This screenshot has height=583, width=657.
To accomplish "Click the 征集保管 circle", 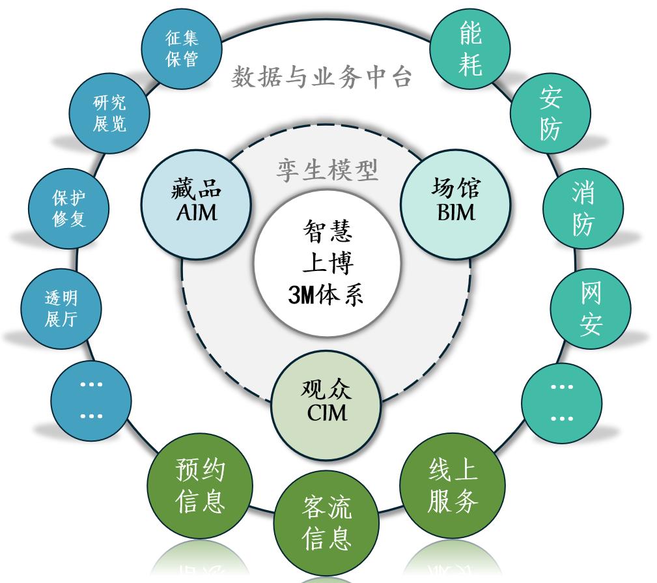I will [182, 49].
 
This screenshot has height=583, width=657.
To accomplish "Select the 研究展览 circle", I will [109, 113].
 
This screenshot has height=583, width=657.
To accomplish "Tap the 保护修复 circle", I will [69, 208].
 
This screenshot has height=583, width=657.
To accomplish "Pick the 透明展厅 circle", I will [61, 308].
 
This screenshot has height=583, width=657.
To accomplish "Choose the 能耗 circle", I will [470, 48].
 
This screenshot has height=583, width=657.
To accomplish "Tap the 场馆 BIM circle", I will [455, 200].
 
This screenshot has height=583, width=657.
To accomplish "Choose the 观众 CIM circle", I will [326, 400].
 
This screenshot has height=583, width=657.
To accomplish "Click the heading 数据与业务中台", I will [322, 78].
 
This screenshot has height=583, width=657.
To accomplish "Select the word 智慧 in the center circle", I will [327, 230].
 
